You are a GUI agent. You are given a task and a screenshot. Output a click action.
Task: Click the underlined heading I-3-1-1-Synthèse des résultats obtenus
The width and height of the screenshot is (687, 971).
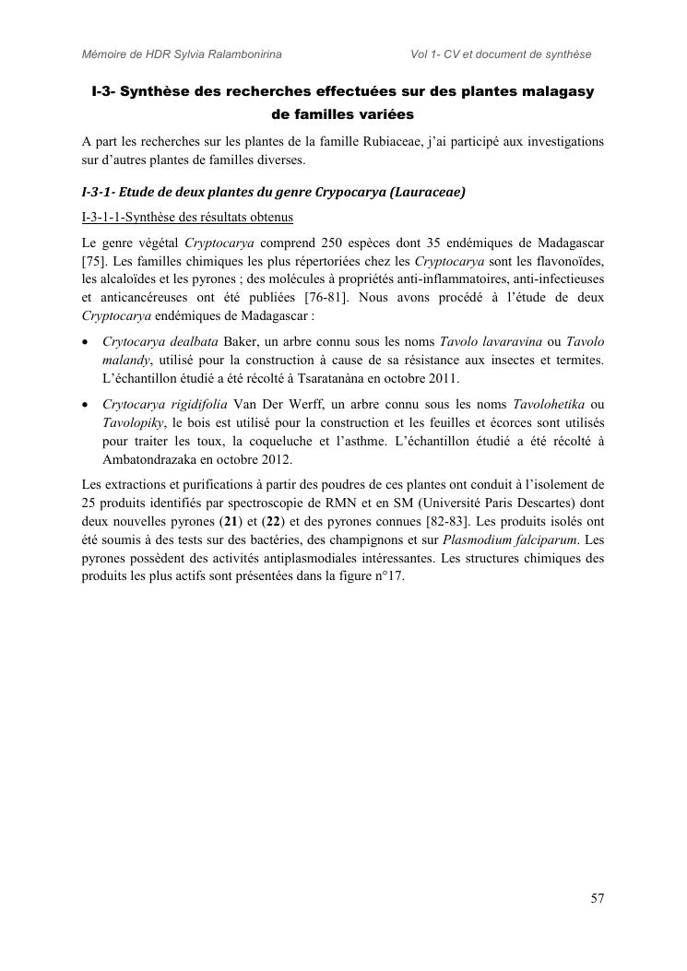tap(187, 218)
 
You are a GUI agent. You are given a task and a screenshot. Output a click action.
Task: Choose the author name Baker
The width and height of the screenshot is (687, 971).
tap(241, 341)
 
